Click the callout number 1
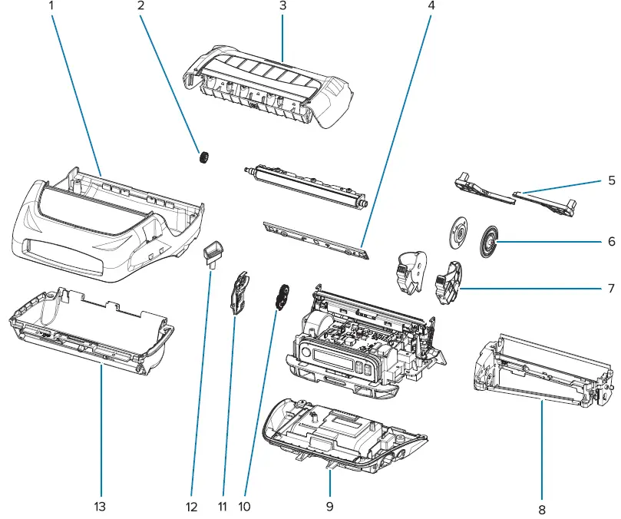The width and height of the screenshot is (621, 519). pyautogui.click(x=53, y=5)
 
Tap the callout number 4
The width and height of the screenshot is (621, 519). pyautogui.click(x=431, y=5)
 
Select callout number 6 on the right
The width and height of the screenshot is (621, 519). pyautogui.click(x=611, y=241)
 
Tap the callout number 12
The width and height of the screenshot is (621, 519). pyautogui.click(x=191, y=507)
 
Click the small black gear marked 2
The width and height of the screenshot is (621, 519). pyautogui.click(x=204, y=158)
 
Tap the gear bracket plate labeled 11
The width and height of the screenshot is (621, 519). pyautogui.click(x=240, y=293)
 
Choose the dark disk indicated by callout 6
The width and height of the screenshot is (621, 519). pyautogui.click(x=487, y=241)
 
